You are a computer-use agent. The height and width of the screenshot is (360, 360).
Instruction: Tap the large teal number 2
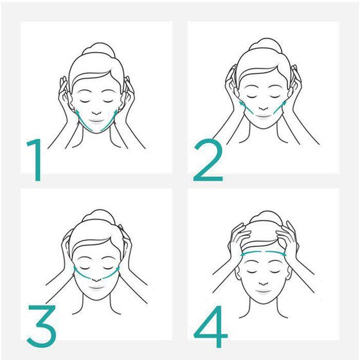208,160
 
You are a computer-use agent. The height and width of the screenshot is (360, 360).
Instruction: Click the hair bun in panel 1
99,49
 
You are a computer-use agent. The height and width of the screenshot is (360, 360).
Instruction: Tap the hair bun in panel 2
265,44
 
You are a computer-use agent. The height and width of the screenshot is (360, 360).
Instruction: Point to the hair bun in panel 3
99,216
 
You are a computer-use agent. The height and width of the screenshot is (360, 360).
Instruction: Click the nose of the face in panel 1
97,113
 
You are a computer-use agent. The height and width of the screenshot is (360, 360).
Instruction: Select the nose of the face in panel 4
264,283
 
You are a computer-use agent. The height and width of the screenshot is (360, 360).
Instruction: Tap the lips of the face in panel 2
264,116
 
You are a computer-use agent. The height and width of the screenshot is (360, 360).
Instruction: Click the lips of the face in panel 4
264,292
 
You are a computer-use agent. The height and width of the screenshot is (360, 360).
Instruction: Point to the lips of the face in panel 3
97,287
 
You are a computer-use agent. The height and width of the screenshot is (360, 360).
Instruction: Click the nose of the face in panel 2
264,108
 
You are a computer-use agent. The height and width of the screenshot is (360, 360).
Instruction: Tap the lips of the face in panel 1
97,121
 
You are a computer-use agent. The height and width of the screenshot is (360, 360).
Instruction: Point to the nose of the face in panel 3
96,279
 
